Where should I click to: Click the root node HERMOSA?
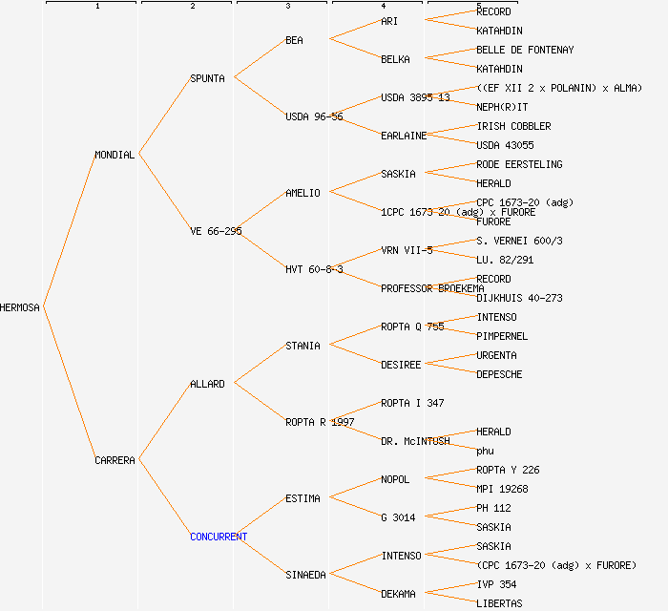[x=20, y=307]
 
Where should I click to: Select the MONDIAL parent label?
[x=115, y=155]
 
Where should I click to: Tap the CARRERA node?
[x=115, y=460]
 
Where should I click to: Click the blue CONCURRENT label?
[x=219, y=537]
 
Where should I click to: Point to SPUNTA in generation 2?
[x=207, y=78]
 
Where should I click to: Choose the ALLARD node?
[x=207, y=384]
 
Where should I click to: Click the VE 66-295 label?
[x=216, y=231]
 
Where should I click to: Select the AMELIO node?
[x=303, y=193]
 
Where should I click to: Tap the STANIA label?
[x=303, y=346]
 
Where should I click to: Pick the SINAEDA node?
[x=305, y=575]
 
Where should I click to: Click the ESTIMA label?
[x=303, y=498]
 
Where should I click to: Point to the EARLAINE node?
[x=404, y=136]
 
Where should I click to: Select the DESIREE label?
[x=401, y=365]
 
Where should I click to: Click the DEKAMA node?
[x=398, y=594]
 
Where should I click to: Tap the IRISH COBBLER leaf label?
[x=513, y=126]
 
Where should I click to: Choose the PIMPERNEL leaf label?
[x=502, y=336]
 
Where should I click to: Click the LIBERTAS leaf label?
[x=499, y=603]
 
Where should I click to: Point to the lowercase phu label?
[x=485, y=451]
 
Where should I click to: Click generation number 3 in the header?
[x=287, y=7]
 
